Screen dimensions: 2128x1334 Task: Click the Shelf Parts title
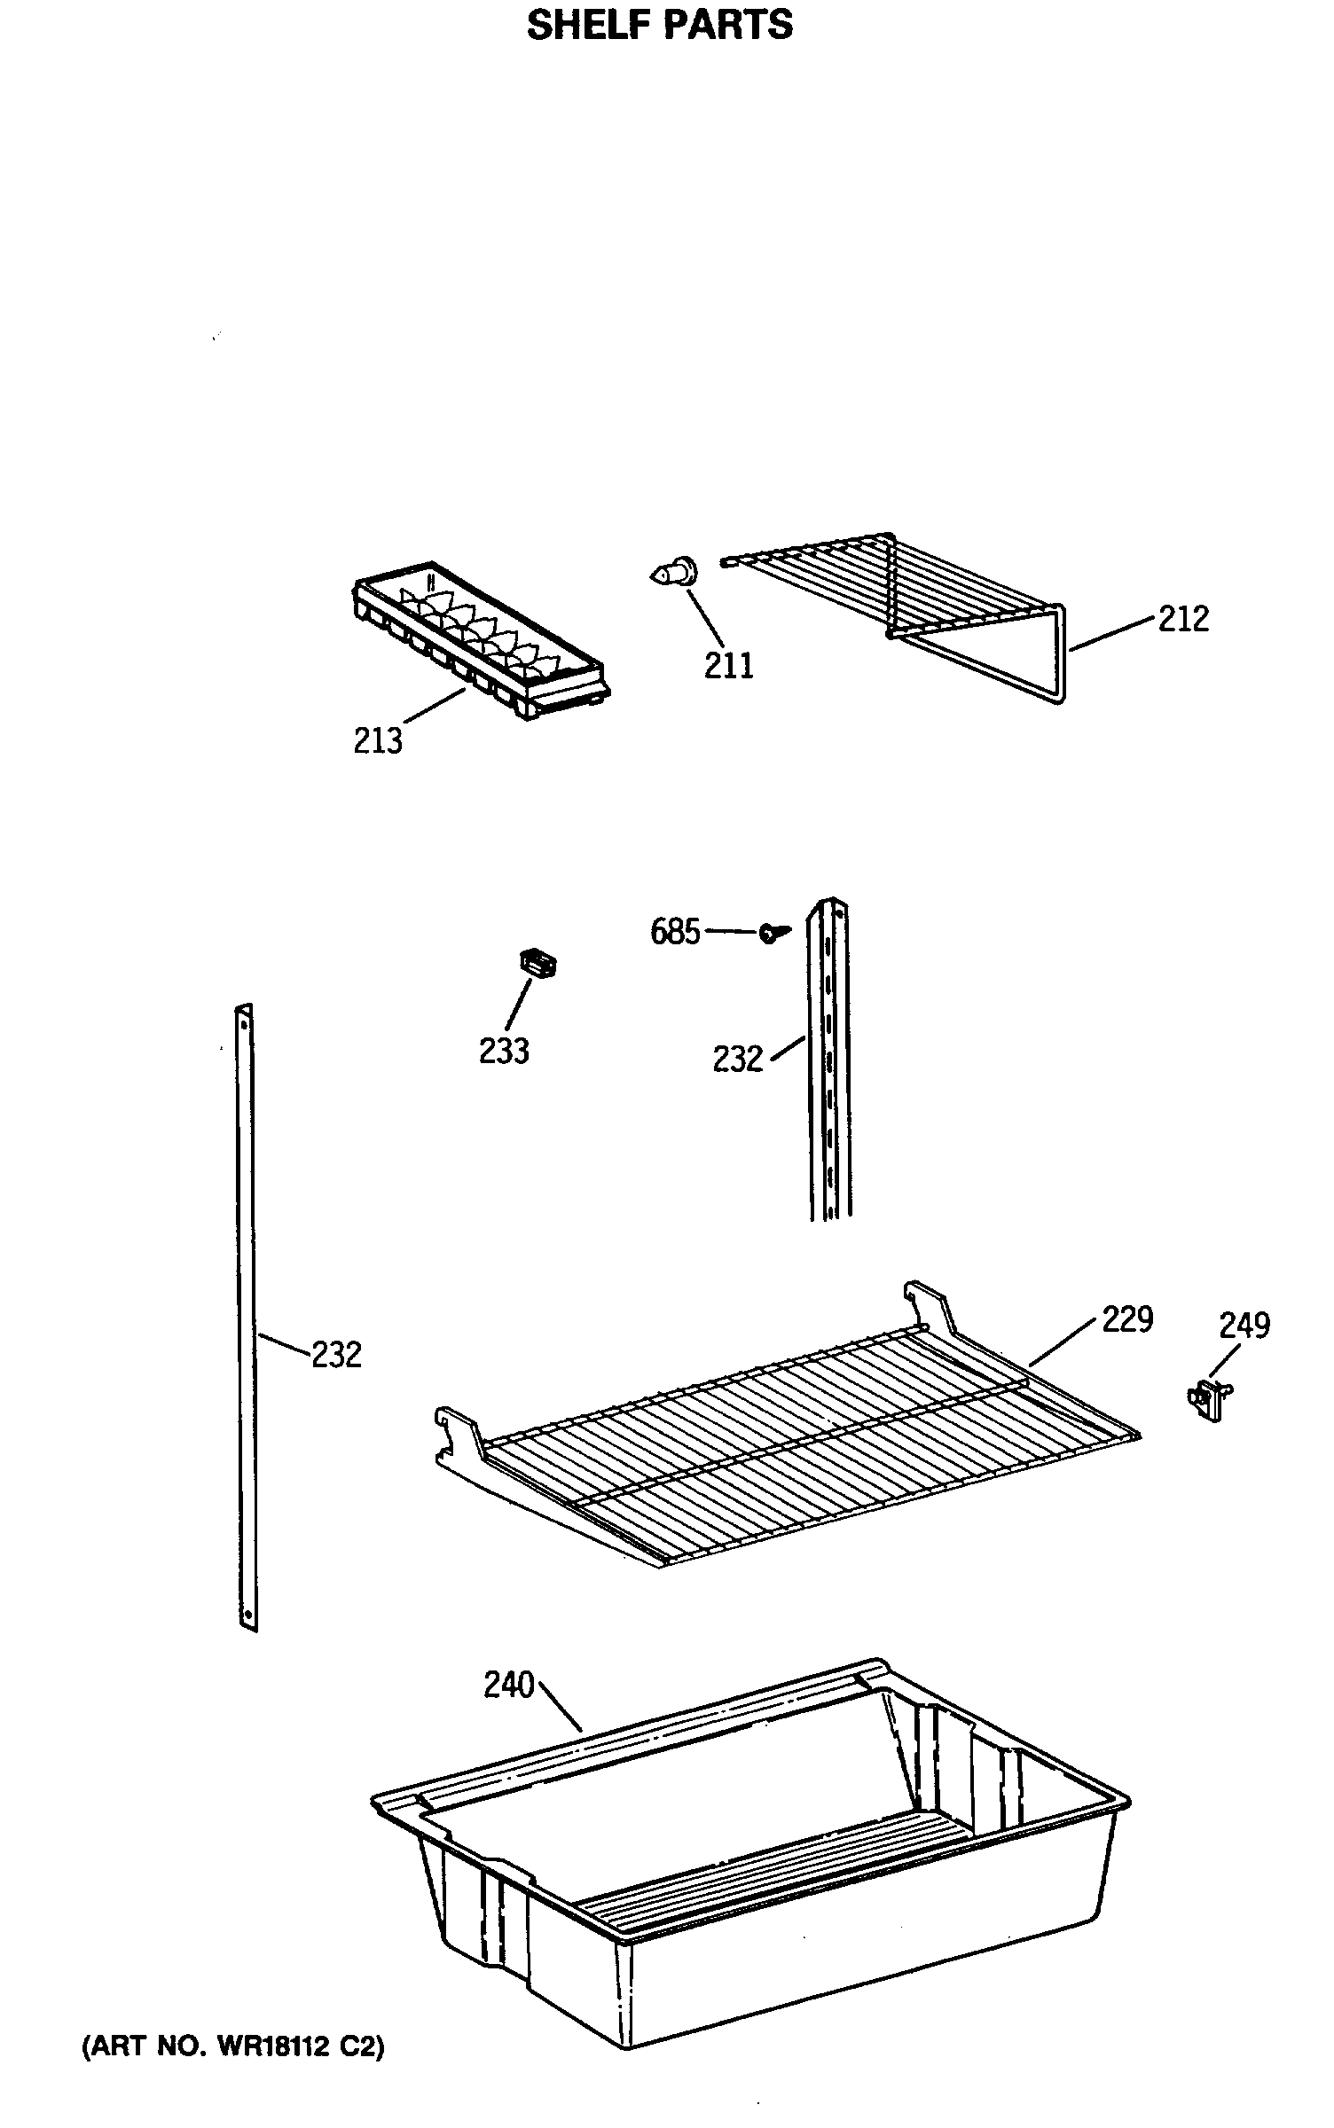(x=660, y=25)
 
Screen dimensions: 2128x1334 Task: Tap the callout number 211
(x=728, y=665)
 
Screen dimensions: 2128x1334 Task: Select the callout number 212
(x=1183, y=619)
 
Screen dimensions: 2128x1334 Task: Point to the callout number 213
(x=378, y=740)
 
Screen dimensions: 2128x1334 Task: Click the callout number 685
(x=675, y=932)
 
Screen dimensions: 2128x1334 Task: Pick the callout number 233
(x=504, y=1051)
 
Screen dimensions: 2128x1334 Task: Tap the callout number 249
(x=1244, y=1325)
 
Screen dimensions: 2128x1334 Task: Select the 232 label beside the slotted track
(x=737, y=1059)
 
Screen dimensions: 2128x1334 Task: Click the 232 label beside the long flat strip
(x=336, y=1355)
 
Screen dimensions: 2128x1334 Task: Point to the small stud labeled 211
(x=671, y=572)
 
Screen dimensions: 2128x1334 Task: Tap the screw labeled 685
(x=773, y=931)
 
